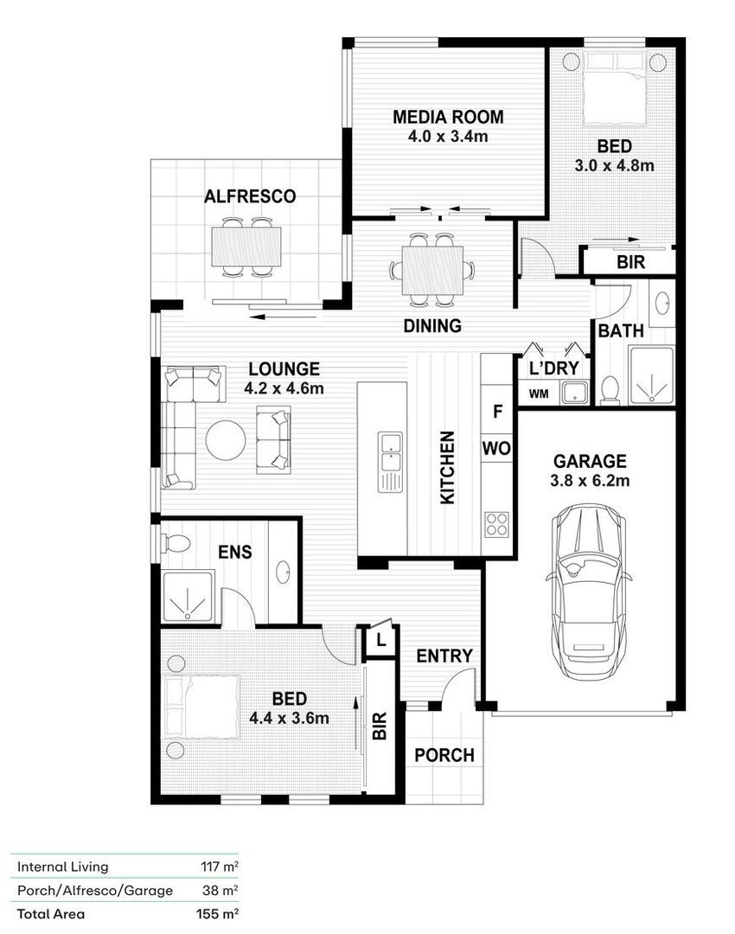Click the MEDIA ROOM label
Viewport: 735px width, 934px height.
[448, 117]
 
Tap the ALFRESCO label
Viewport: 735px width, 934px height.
[250, 196]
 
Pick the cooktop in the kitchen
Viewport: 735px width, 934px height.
[496, 525]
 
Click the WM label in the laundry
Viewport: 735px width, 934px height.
[539, 393]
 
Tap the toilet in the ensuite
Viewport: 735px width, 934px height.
[175, 542]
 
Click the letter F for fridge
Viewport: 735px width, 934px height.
[498, 411]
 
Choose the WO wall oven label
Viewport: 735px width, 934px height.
[496, 448]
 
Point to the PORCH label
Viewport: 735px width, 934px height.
[444, 755]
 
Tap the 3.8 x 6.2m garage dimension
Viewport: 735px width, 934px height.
[590, 480]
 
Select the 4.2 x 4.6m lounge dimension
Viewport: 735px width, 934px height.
[284, 388]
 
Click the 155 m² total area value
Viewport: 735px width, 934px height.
[218, 914]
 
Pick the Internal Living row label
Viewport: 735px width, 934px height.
[62, 867]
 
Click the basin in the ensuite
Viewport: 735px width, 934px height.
[284, 573]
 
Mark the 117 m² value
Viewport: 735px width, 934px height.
[220, 867]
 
